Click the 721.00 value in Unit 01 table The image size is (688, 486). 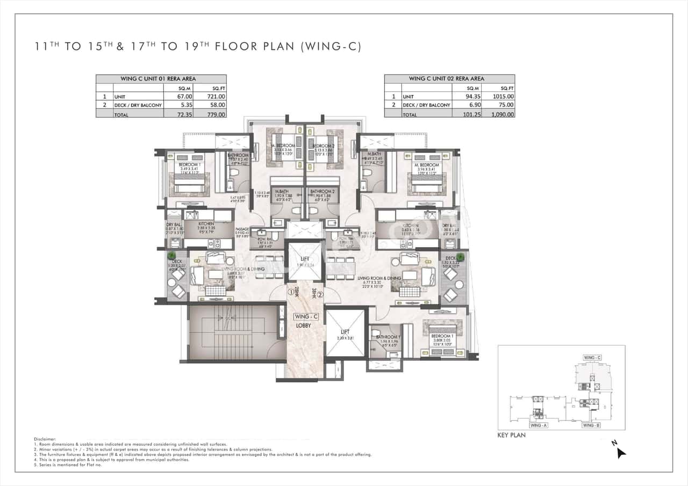(218, 96)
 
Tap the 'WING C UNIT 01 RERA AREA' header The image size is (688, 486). (161, 78)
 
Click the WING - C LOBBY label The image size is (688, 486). (305, 321)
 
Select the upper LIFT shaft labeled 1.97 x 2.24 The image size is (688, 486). (305, 262)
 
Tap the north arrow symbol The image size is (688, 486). (621, 452)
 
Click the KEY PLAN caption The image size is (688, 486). (511, 435)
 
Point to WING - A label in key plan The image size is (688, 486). (538, 425)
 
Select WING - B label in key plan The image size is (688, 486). (591, 425)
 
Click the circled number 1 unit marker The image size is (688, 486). (291, 293)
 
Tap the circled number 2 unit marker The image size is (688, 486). (319, 294)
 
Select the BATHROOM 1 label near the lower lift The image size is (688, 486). (386, 337)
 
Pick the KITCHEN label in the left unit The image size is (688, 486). (206, 223)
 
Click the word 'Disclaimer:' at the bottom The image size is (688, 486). (45, 439)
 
